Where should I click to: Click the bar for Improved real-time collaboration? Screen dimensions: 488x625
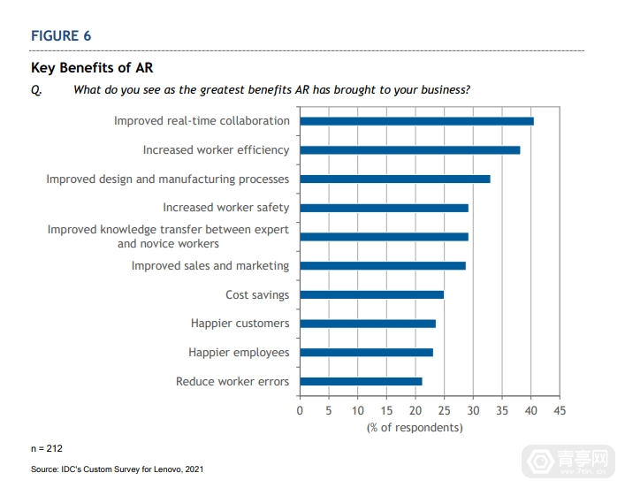[416, 121]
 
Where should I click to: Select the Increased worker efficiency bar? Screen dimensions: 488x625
[409, 150]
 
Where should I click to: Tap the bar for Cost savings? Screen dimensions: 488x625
[371, 294]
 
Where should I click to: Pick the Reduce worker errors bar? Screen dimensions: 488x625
[361, 382]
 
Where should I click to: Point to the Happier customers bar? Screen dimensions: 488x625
[368, 324]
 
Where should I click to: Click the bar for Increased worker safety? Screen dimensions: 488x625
[384, 208]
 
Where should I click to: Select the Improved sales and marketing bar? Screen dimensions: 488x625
[382, 265]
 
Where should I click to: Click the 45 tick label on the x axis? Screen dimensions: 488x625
[559, 411]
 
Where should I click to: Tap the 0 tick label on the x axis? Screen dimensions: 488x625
[300, 411]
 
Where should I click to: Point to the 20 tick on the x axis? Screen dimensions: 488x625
[415, 411]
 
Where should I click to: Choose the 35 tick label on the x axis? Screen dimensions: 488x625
[501, 411]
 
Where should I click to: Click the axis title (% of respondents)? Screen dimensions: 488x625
[415, 428]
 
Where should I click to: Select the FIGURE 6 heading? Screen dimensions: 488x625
[61, 36]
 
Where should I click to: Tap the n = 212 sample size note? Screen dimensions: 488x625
[47, 448]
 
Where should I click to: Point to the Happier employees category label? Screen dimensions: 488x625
[239, 353]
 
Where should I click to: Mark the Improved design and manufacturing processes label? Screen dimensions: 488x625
[168, 179]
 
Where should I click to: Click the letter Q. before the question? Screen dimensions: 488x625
[36, 89]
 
